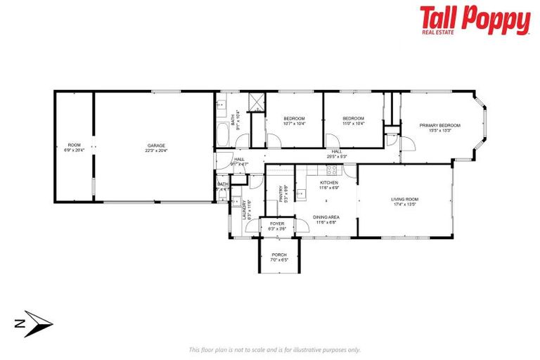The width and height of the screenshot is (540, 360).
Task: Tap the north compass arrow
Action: point(35,323)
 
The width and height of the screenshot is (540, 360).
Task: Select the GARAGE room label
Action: point(155,145)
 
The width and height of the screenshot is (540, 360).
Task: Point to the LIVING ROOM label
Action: point(405,199)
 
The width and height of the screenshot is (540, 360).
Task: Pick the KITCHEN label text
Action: point(330,183)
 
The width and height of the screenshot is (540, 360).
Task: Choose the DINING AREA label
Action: point(326,217)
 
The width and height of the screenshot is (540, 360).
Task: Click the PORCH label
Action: point(279,255)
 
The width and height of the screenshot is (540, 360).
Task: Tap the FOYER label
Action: point(278,224)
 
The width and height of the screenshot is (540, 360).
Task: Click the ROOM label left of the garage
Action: point(74,145)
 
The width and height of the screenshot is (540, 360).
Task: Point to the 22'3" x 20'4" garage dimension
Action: point(155,150)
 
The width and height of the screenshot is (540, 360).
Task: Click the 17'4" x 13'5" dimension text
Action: point(405,205)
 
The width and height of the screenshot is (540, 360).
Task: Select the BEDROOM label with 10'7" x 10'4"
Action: point(294,118)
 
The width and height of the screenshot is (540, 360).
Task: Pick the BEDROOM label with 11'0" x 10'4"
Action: point(353,118)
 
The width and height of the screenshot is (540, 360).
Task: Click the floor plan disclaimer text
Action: point(274,349)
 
